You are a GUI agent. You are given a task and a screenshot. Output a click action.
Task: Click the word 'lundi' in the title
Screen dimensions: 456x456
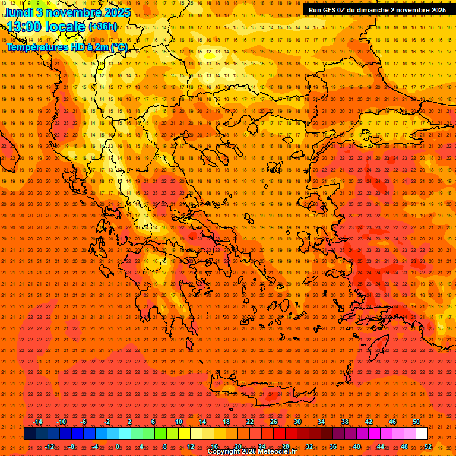19,12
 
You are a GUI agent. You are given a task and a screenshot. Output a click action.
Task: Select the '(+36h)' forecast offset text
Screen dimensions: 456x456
103,27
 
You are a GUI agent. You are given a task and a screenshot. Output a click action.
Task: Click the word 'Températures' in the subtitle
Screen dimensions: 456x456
36,47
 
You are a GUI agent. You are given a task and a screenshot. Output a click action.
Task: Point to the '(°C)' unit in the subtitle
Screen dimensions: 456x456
118,47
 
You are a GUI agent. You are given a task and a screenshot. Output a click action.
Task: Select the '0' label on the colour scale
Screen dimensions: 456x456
118,446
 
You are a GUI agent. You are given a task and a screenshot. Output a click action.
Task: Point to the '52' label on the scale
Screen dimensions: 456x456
429,446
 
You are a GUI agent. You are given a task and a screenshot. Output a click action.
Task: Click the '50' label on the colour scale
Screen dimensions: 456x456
416,422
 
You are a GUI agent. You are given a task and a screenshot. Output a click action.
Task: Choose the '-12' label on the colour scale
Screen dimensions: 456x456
49,446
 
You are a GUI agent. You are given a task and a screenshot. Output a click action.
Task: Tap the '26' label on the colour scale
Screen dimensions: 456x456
274,422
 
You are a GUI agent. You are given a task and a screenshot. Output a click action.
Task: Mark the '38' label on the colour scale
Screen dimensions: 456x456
345,422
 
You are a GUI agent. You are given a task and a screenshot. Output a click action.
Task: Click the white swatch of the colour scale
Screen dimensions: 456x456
422,434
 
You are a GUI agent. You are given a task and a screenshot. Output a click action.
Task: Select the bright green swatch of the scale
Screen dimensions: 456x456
160,434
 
